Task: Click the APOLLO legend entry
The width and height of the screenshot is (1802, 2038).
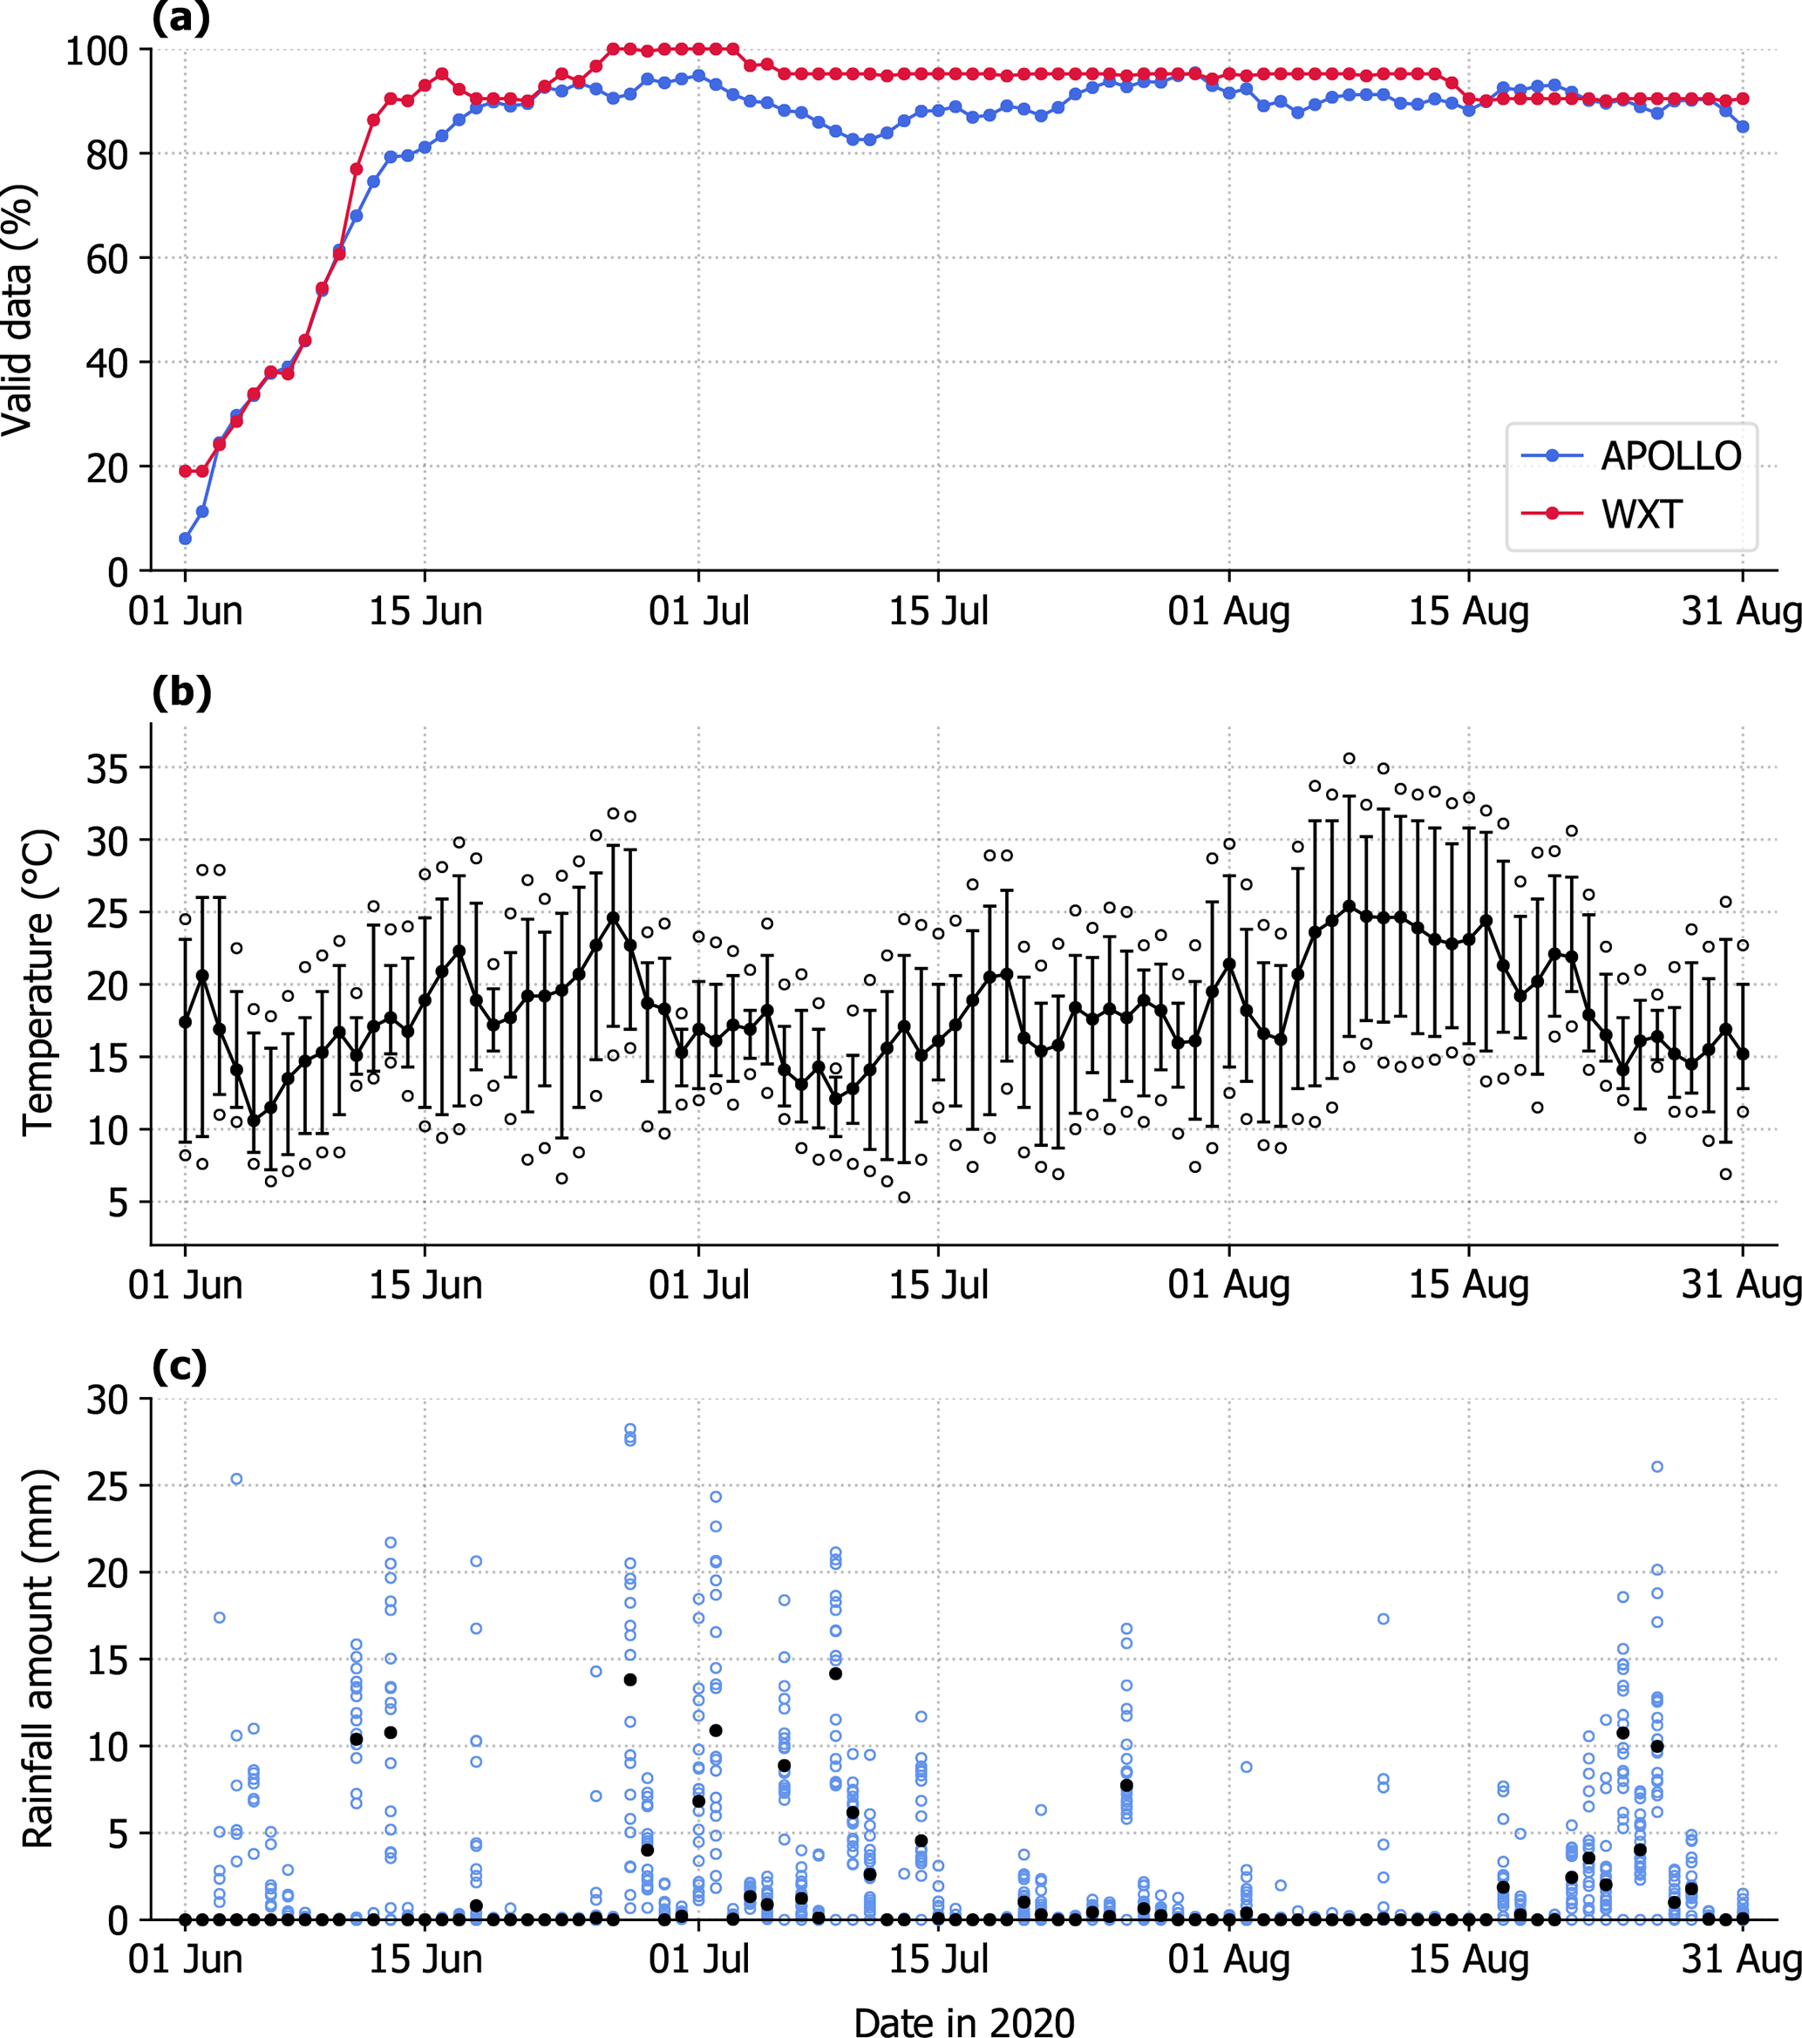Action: [1669, 457]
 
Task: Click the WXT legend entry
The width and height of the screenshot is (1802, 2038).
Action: [1641, 515]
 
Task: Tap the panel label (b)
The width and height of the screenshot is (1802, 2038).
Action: [181, 691]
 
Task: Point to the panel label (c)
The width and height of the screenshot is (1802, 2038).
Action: [180, 1365]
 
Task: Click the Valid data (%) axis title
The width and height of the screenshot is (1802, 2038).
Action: [18, 309]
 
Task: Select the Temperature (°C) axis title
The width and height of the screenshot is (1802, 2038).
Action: [37, 982]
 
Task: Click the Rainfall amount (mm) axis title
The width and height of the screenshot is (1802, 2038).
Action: [37, 1658]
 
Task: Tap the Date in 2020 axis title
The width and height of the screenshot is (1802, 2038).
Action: [964, 2020]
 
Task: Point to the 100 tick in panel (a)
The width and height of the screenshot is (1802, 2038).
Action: [97, 51]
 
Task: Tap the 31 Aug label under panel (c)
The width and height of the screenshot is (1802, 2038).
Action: [1741, 1959]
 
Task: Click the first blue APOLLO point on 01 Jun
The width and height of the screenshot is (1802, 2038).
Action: [186, 538]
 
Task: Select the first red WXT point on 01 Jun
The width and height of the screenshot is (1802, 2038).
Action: [186, 471]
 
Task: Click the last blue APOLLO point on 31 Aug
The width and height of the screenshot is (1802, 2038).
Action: [1742, 126]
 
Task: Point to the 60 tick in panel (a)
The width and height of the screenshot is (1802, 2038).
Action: [106, 259]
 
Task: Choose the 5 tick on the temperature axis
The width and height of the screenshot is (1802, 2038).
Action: [118, 1203]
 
